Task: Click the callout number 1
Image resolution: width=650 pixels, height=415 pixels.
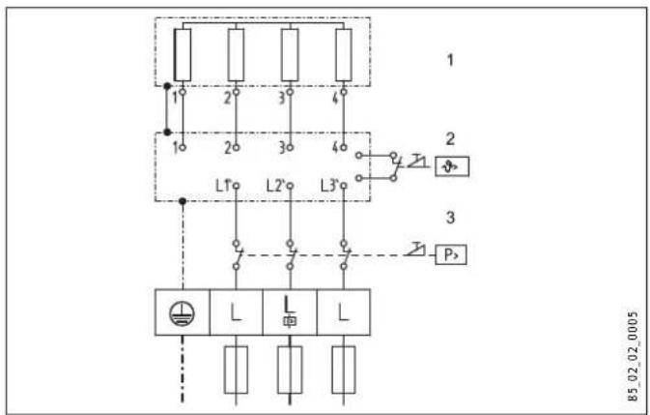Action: (448, 60)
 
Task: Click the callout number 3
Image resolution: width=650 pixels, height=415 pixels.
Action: (448, 220)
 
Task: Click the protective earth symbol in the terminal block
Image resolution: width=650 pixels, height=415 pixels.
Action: (181, 311)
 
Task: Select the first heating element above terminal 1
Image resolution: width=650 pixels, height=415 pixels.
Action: (181, 54)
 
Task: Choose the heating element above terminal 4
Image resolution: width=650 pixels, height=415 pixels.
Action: (342, 54)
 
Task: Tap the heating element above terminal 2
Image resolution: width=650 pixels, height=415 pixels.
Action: (235, 54)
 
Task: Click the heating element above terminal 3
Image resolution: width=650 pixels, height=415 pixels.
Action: (289, 54)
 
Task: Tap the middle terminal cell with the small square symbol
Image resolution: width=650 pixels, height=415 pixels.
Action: (288, 311)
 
